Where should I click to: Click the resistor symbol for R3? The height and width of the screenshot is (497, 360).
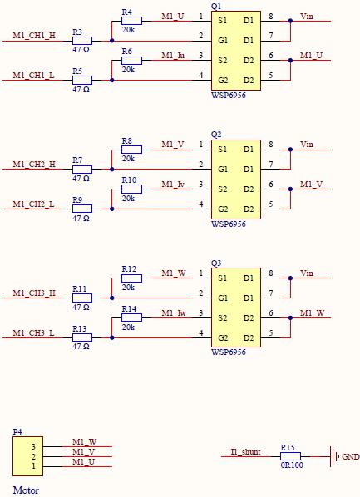[82, 41]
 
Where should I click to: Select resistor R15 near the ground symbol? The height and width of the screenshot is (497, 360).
[290, 456]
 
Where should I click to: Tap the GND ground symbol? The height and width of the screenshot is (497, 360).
[334, 457]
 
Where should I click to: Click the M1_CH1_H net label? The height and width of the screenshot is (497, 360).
[34, 35]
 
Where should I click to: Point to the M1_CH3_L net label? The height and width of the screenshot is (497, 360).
[33, 332]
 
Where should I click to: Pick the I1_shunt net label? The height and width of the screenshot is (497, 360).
[245, 451]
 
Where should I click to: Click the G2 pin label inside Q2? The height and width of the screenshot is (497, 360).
[223, 209]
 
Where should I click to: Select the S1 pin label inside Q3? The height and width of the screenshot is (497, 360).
[222, 278]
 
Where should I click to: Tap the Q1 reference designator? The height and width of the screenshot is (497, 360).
[216, 7]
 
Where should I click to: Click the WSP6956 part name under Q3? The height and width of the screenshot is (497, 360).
[229, 352]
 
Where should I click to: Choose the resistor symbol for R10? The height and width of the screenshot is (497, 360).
[131, 189]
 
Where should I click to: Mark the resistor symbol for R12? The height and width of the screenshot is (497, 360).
[131, 278]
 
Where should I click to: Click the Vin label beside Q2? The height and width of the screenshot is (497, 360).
[307, 145]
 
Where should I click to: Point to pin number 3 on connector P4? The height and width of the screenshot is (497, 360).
[33, 447]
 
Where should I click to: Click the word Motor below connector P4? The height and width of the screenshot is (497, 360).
[26, 490]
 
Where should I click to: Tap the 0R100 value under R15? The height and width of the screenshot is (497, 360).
[292, 465]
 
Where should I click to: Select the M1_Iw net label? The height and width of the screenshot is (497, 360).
[174, 313]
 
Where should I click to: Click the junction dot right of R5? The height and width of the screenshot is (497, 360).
[111, 80]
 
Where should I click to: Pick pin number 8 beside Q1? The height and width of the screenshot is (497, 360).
[271, 16]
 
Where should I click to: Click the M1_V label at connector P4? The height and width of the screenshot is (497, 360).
[84, 451]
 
